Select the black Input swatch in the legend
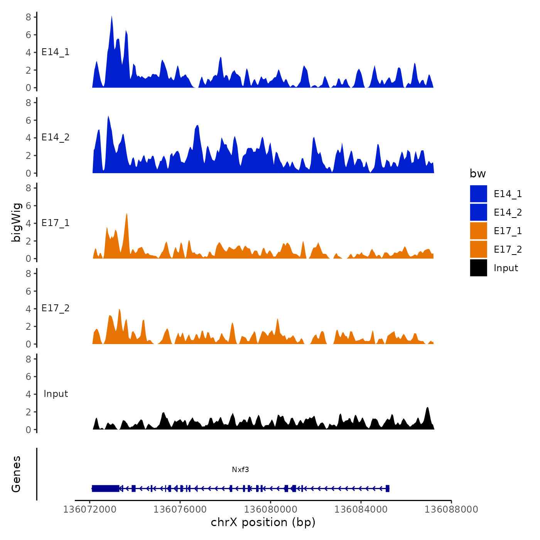click(x=478, y=268)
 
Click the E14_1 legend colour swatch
click(x=478, y=194)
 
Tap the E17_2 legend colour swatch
click(x=478, y=249)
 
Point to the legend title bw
click(x=478, y=174)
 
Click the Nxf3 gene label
click(x=240, y=469)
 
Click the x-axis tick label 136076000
click(x=180, y=509)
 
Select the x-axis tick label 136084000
click(x=361, y=509)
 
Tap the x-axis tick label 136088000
click(x=451, y=509)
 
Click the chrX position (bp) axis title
click(x=263, y=522)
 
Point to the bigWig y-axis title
click(x=16, y=222)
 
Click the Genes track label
click(x=16, y=474)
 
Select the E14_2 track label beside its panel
click(x=56, y=137)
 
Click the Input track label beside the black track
click(x=56, y=394)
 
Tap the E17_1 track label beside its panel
click(x=56, y=223)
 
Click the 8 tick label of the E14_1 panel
click(x=29, y=17)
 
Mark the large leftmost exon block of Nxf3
click(x=105, y=488)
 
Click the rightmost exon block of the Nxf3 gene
click(x=387, y=488)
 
